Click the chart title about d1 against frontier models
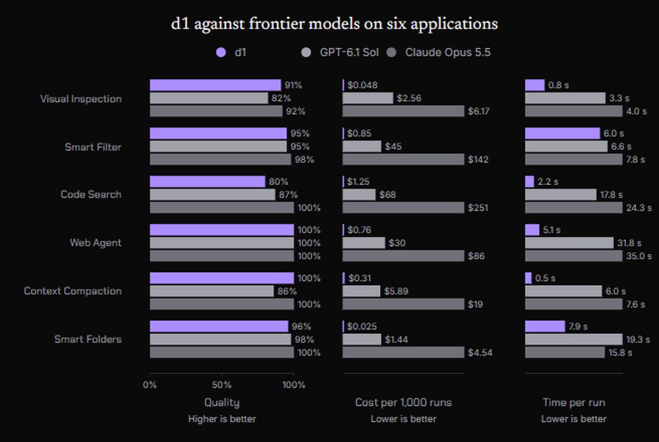334,24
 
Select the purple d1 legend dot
221,53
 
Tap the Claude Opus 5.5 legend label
447,53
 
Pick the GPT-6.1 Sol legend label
349,53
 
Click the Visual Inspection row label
81,99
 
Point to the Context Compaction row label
72,290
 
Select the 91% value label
293,85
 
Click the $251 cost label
478,207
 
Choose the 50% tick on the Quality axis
222,385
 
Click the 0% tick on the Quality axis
150,385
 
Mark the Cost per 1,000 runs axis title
403,402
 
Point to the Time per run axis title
574,402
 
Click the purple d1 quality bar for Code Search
208,182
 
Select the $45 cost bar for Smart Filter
362,146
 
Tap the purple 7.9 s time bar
545,327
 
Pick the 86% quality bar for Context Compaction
212,291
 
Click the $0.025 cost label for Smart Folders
362,327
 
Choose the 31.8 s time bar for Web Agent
569,243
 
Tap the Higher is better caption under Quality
222,419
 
